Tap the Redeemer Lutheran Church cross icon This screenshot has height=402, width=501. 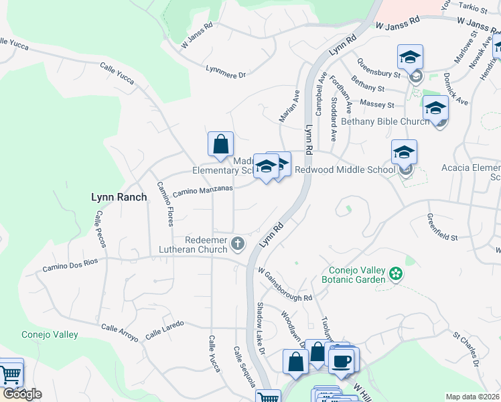(x=238, y=244)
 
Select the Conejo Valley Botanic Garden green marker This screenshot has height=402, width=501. (x=396, y=273)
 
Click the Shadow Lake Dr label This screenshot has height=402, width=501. (x=261, y=329)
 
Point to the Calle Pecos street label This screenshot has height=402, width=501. (x=101, y=228)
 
